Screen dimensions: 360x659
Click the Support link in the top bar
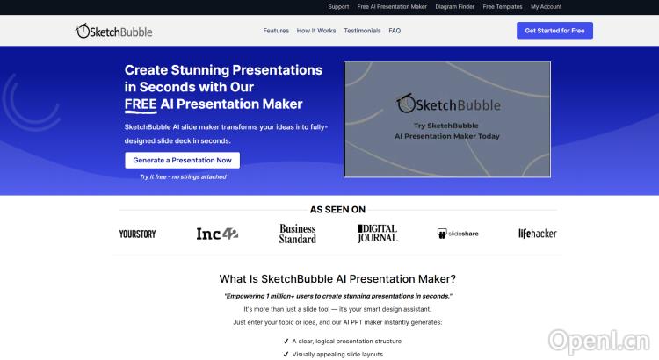[338, 7]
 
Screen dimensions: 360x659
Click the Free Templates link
[502, 7]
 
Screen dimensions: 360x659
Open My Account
[546, 7]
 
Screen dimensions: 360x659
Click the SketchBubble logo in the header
[114, 31]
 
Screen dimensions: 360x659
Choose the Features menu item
[276, 31]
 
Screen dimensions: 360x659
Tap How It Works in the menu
[316, 31]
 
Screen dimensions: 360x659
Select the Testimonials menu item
[363, 31]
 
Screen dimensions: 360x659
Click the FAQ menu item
[395, 31]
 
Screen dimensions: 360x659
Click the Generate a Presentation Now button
[182, 161]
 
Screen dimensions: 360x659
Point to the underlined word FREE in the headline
[141, 104]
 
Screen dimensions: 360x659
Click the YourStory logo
[137, 234]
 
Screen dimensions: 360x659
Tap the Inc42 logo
[217, 234]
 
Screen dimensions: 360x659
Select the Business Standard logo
[298, 234]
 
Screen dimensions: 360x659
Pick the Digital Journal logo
[377, 234]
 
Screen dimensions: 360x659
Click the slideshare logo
[458, 234]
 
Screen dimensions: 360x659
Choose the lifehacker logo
[537, 234]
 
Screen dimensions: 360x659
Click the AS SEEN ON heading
[337, 210]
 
